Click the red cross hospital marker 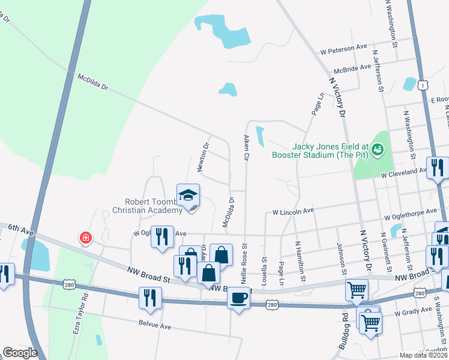[86, 238]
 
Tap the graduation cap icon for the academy [188, 195]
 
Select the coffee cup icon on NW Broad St [238, 298]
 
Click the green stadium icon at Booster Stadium [378, 148]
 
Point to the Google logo [20, 353]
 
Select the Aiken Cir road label [246, 148]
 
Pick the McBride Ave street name [352, 68]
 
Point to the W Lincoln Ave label [294, 212]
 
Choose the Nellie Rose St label [244, 265]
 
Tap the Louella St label [265, 269]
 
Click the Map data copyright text [423, 355]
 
